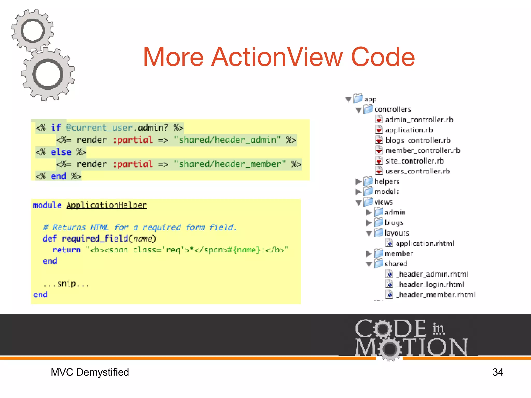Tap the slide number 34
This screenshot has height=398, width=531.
point(498,372)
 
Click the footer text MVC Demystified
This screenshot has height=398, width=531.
point(90,372)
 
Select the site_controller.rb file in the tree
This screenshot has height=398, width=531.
point(414,161)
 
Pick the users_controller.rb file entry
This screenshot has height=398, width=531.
point(417,171)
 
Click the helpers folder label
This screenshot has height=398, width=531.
point(387,182)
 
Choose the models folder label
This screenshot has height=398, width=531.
point(387,192)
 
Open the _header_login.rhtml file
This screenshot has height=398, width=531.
point(430,285)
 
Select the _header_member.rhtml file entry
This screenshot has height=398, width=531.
point(435,295)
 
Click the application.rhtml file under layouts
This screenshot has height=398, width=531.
point(425,243)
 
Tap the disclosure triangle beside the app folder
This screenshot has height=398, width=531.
point(348,99)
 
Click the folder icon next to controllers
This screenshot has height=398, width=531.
point(368,109)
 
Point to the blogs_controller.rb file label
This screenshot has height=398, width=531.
point(417,140)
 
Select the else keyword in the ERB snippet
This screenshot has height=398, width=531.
point(61,152)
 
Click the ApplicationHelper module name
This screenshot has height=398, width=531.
point(107,205)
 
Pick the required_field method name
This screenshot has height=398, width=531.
point(95,239)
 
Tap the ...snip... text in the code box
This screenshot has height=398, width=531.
point(66,284)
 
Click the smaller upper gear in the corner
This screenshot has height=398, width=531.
point(33,31)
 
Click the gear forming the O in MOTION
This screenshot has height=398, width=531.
point(389,349)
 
